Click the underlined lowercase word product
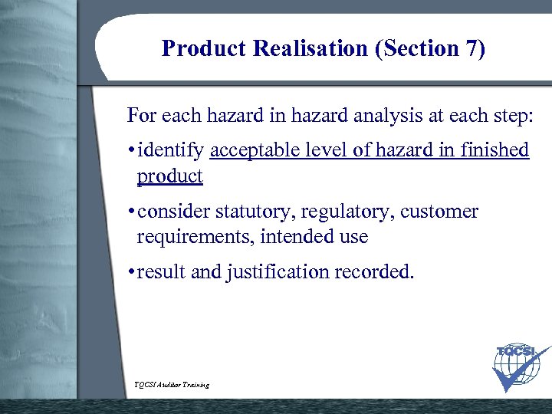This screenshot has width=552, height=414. click(x=169, y=176)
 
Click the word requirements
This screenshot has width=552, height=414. click(x=195, y=237)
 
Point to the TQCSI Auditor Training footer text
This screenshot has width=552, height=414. click(x=171, y=384)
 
